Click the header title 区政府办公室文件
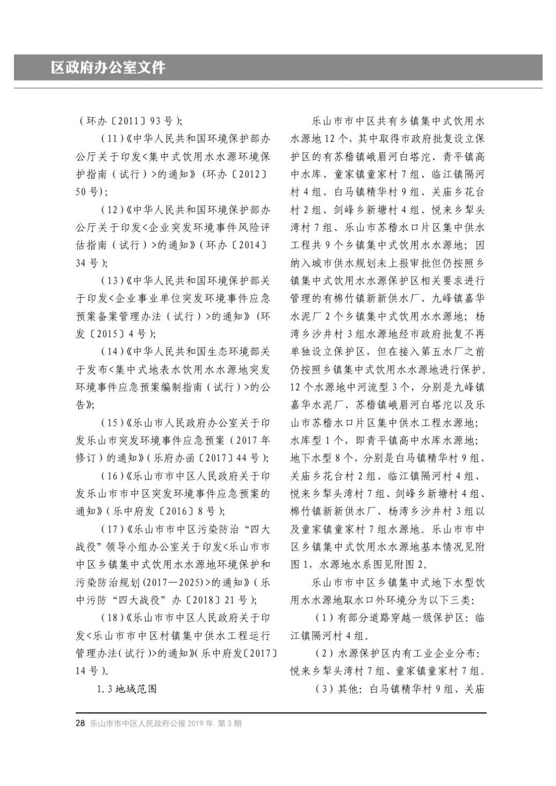[109, 68]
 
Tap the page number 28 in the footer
[80, 723]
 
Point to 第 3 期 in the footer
[229, 723]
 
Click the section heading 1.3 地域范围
[127, 688]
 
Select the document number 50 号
[88, 192]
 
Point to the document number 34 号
[88, 262]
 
